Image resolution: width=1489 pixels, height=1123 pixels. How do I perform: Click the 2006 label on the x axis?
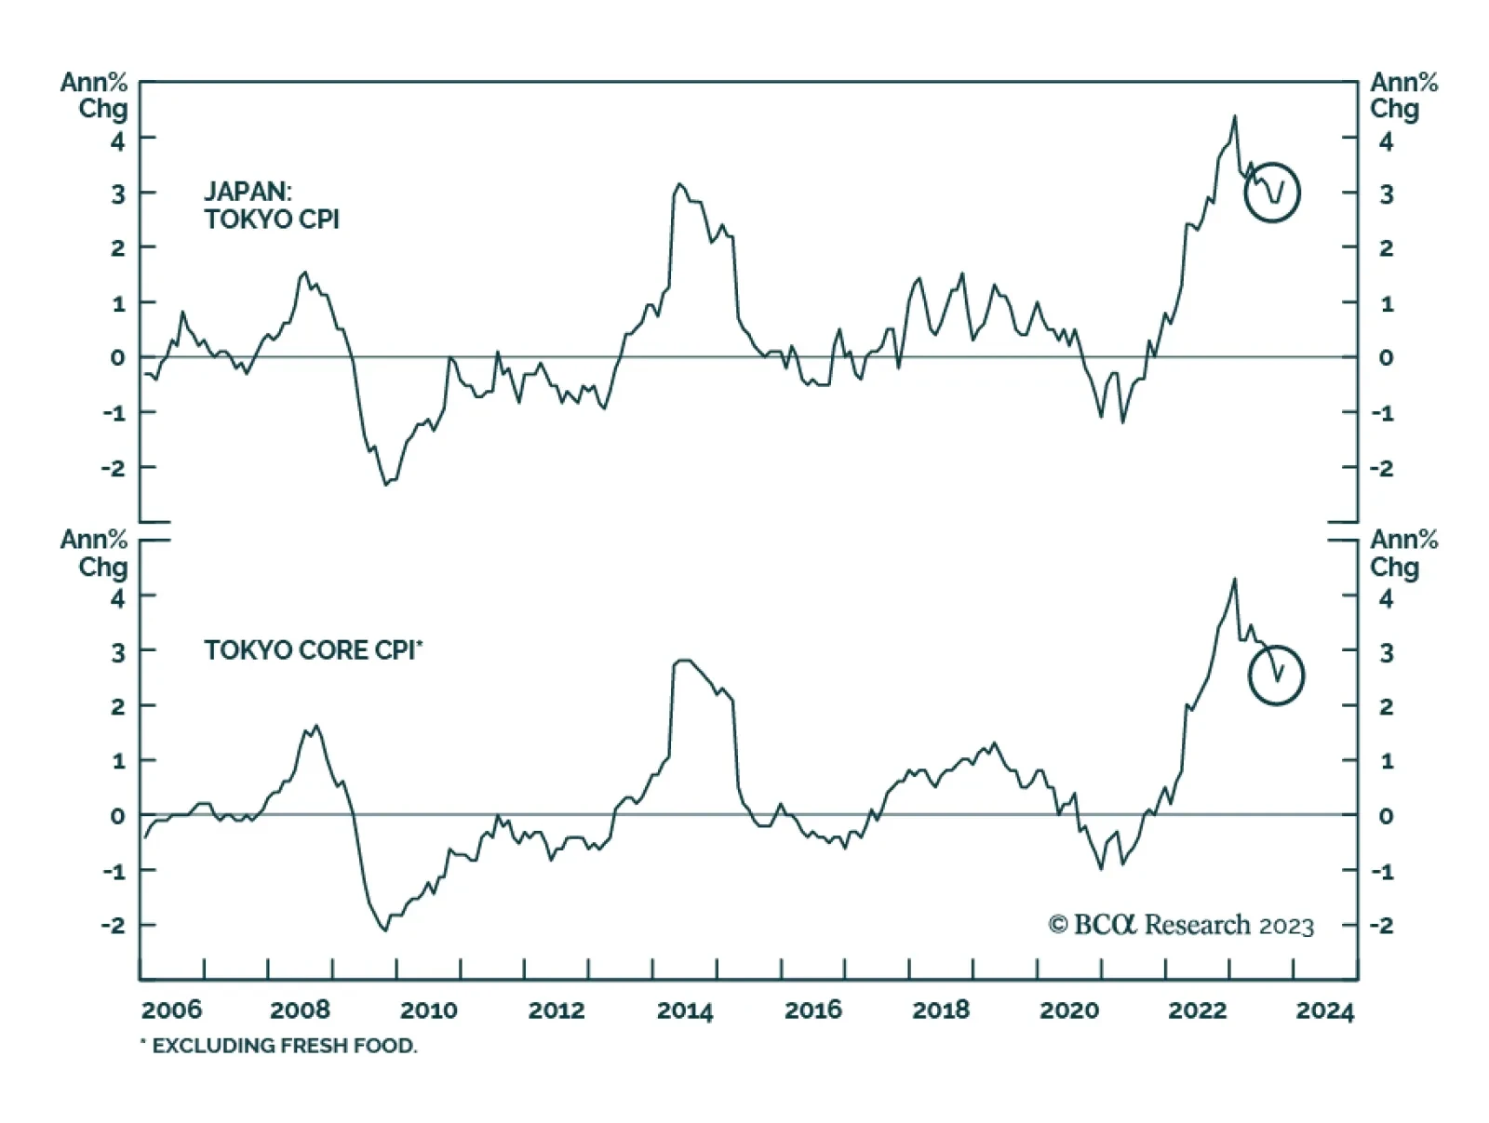click(x=171, y=1010)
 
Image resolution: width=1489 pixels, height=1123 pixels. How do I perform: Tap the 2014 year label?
click(x=685, y=1010)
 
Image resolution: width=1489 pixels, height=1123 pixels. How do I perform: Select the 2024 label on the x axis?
click(x=1325, y=1010)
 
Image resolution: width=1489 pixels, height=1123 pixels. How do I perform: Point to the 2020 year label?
click(x=1069, y=1010)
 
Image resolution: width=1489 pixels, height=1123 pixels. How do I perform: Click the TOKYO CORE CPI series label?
click(x=313, y=649)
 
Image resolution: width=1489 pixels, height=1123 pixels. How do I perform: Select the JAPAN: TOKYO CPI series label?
click(x=272, y=206)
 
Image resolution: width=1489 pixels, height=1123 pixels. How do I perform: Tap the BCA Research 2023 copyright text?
click(x=1181, y=925)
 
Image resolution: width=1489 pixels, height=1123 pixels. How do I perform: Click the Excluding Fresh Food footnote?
click(x=279, y=1046)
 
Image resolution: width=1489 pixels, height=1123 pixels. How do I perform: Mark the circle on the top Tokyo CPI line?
click(x=1272, y=193)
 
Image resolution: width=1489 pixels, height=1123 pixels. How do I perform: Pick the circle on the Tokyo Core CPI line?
click(x=1276, y=675)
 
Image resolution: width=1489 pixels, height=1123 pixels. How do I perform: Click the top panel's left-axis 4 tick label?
click(x=117, y=140)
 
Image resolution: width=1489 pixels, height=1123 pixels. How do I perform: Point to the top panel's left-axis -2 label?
click(x=114, y=468)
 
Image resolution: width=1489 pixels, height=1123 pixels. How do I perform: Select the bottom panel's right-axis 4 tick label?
click(x=1386, y=597)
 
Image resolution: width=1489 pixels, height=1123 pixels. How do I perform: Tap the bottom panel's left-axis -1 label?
click(x=114, y=871)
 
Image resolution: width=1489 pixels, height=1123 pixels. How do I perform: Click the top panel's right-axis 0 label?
click(x=1386, y=357)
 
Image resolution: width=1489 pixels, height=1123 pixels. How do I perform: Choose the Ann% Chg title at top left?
click(x=94, y=95)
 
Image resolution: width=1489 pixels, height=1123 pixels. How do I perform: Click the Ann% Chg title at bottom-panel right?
click(x=1402, y=553)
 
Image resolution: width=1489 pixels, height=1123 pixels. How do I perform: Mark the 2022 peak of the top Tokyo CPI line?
click(x=1235, y=116)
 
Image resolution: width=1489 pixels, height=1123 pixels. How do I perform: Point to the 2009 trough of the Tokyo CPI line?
click(x=386, y=484)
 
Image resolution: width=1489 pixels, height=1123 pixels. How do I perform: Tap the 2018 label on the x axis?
click(x=941, y=1010)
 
